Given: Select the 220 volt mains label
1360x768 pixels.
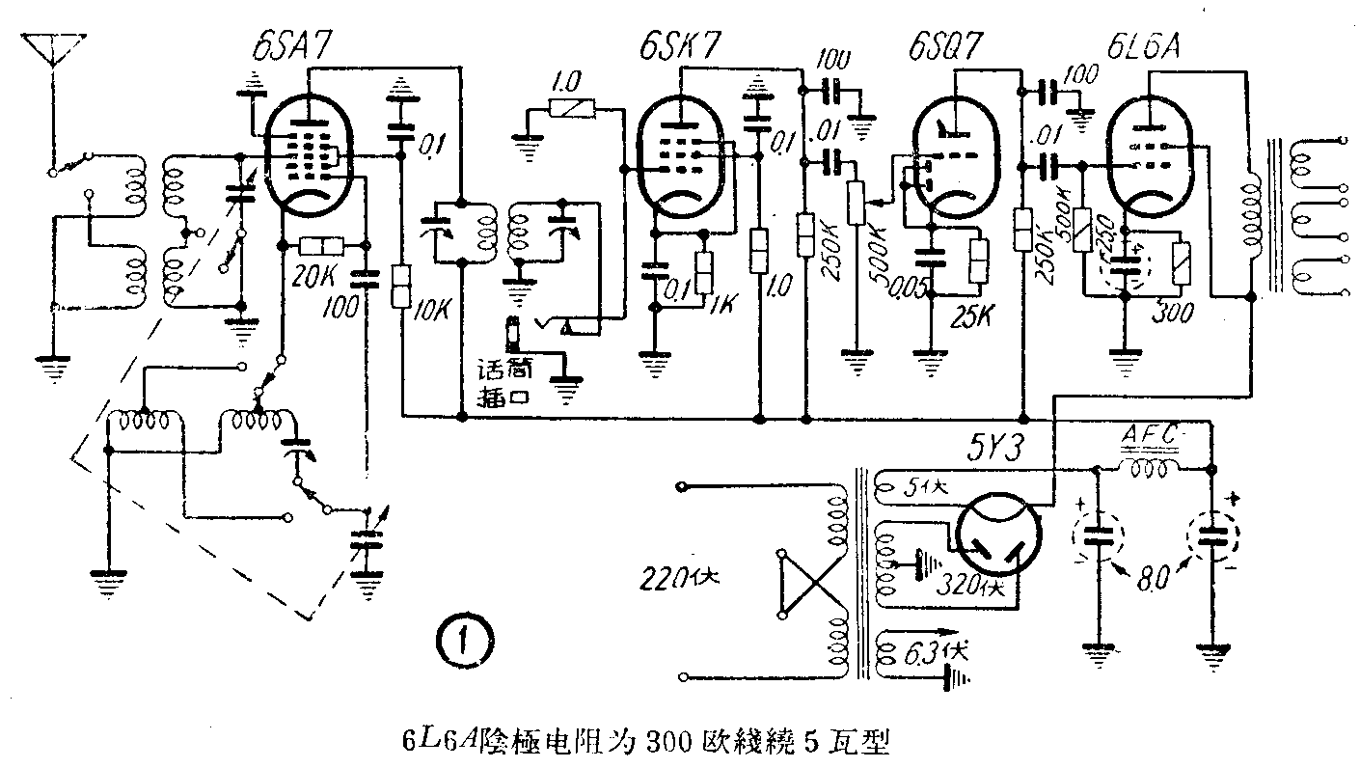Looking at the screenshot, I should [680, 579].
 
